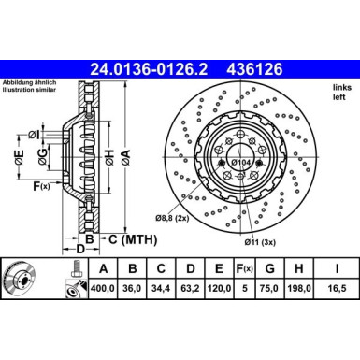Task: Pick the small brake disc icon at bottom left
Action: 27,280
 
